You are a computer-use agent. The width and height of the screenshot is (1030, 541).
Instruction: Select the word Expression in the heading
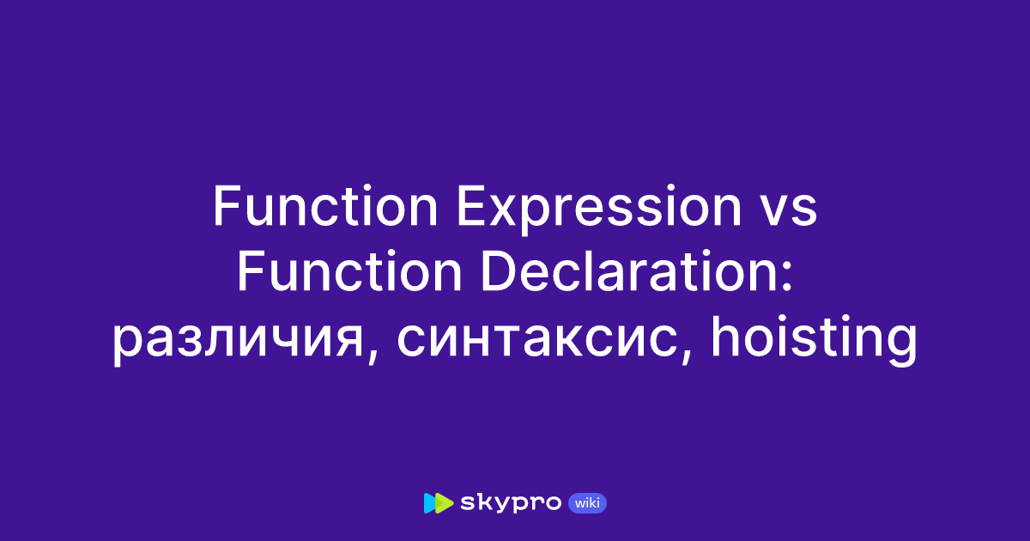589,208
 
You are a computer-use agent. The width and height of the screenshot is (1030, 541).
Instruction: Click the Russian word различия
234,341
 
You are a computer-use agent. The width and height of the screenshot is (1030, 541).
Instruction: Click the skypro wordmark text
512,503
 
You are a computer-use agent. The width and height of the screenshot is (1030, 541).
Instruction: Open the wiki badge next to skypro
588,503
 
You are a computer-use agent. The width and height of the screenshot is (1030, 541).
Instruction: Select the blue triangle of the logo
431,503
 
